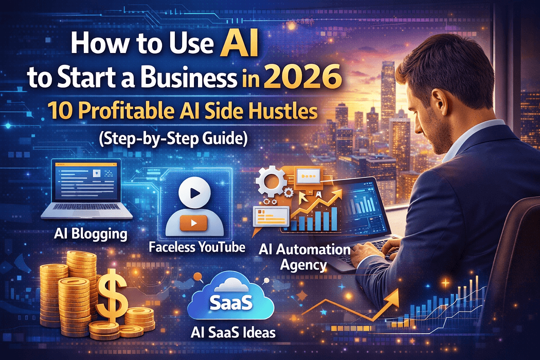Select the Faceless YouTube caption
coord(197,247)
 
